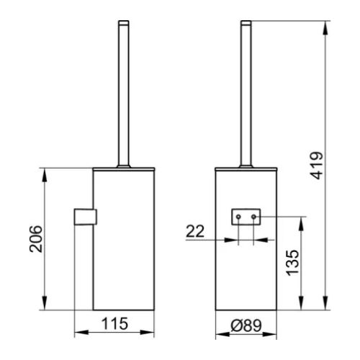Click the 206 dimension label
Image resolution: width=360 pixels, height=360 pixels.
coord(36,239)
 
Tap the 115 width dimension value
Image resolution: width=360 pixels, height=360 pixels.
coord(114,323)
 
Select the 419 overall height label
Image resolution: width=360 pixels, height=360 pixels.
coord(317,166)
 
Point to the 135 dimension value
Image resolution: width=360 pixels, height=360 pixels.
coord(293,263)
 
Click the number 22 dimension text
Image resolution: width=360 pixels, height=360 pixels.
coord(195,231)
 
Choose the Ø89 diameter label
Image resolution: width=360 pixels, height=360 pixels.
coord(246,325)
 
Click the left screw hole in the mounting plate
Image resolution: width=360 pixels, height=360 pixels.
coord(238,217)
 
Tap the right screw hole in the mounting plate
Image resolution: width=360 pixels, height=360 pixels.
coord(253,217)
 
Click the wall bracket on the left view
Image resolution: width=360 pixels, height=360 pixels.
coord(86,217)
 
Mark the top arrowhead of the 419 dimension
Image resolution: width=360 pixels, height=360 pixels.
coord(325,28)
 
